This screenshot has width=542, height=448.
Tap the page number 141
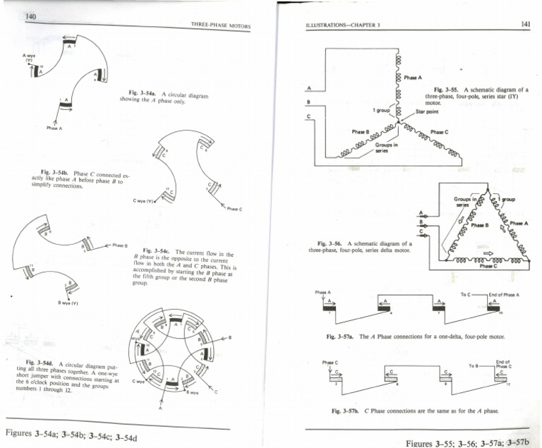(x=525, y=24)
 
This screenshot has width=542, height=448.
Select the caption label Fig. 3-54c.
(x=156, y=251)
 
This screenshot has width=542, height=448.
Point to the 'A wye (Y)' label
(x=28, y=58)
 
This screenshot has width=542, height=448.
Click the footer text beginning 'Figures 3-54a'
(x=71, y=434)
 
